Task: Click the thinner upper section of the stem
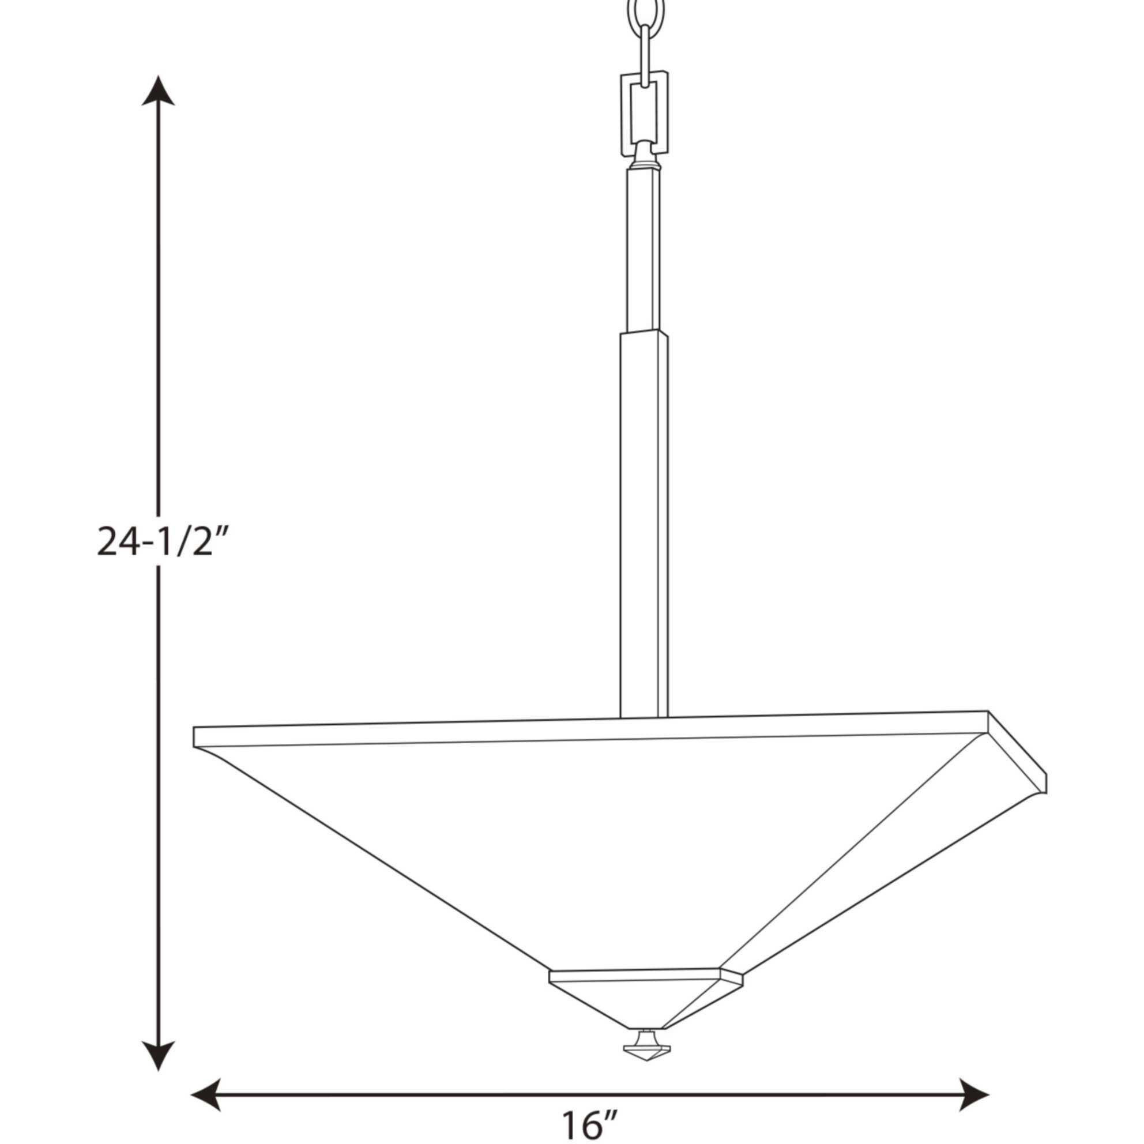point(643,249)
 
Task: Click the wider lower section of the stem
point(643,521)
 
